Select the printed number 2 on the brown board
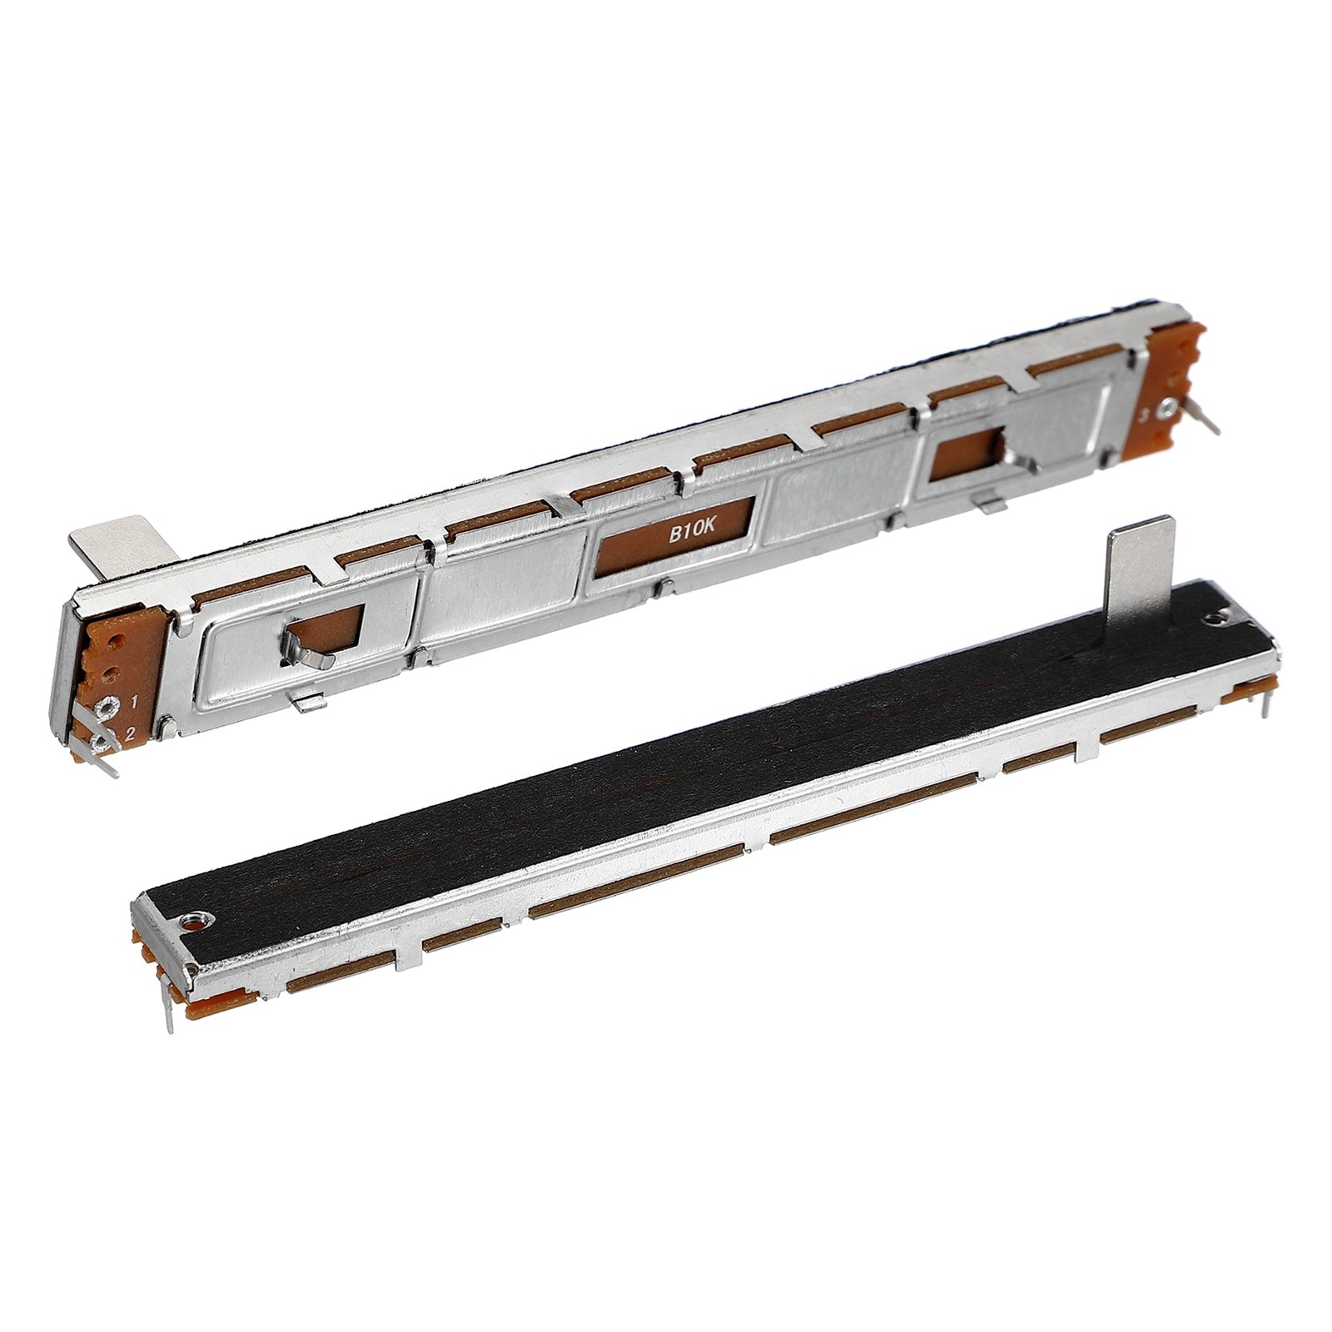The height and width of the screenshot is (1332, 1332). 130,733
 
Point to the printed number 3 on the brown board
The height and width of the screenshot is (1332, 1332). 1144,415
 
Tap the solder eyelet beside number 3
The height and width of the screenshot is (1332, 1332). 1169,407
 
